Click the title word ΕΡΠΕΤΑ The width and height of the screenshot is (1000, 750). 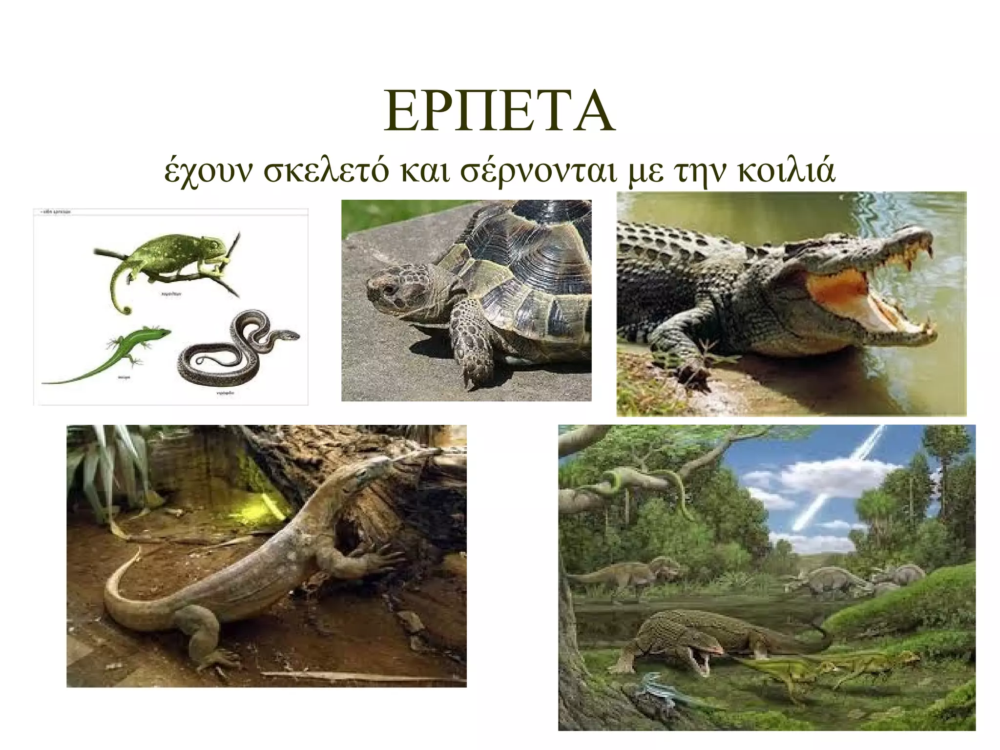point(499,111)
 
